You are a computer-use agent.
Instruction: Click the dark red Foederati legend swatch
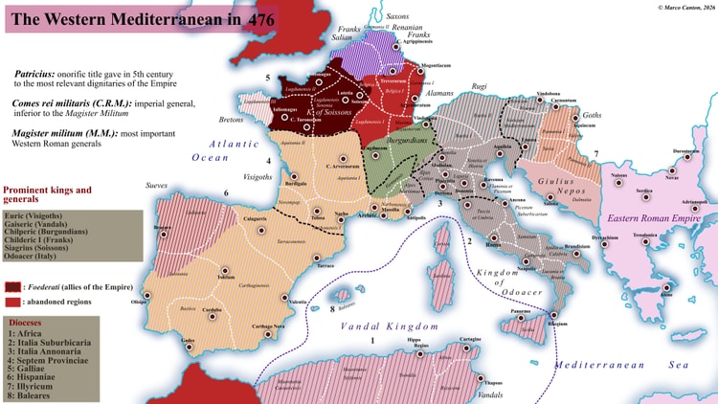[x=11, y=285]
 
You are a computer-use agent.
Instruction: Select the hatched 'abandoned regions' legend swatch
[x=11, y=302]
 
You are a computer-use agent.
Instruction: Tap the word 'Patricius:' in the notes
[x=41, y=74]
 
